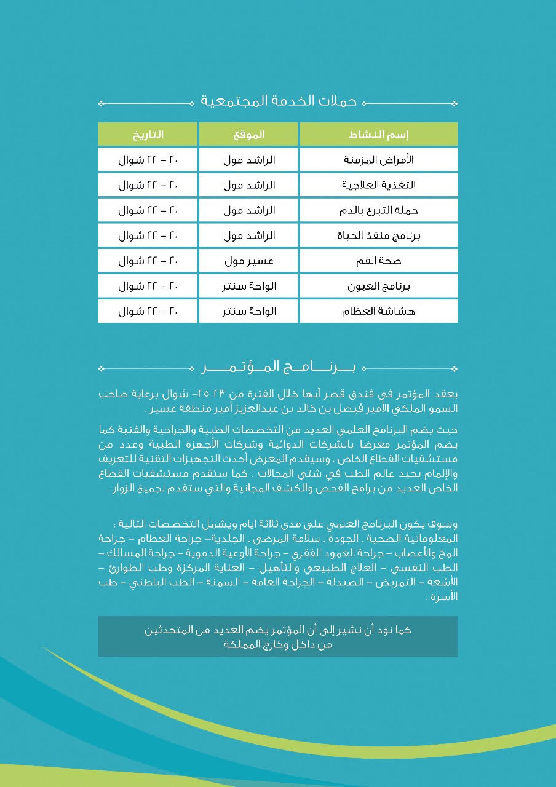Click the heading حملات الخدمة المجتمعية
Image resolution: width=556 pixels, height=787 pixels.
[x=279, y=101]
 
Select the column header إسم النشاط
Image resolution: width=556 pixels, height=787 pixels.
[x=379, y=134]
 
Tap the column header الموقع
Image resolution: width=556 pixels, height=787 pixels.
[x=248, y=134]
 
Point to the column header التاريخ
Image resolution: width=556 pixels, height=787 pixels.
[x=148, y=134]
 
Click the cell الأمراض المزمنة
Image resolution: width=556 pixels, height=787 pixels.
[x=379, y=160]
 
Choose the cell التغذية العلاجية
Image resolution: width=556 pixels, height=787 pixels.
[x=379, y=185]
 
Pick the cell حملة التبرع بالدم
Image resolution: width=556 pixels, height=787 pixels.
[x=379, y=210]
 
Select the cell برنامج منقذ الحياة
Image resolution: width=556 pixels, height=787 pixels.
[x=379, y=235]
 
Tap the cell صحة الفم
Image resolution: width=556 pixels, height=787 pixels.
[x=379, y=261]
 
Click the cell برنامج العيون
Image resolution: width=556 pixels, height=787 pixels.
[x=379, y=286]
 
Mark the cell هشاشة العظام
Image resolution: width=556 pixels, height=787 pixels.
[x=379, y=311]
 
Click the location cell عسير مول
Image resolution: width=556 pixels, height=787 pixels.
[x=248, y=261]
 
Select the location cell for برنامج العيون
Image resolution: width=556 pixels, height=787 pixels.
[x=248, y=286]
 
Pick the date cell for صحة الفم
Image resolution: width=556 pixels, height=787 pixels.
[x=148, y=261]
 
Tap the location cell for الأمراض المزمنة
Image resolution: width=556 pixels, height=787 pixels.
[x=248, y=160]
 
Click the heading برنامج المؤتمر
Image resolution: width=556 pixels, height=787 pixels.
[x=279, y=368]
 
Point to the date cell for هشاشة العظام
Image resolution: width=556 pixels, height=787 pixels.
[x=148, y=311]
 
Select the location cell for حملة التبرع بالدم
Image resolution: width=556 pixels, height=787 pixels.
[x=248, y=210]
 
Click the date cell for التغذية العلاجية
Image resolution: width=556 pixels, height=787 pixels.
[x=148, y=185]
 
